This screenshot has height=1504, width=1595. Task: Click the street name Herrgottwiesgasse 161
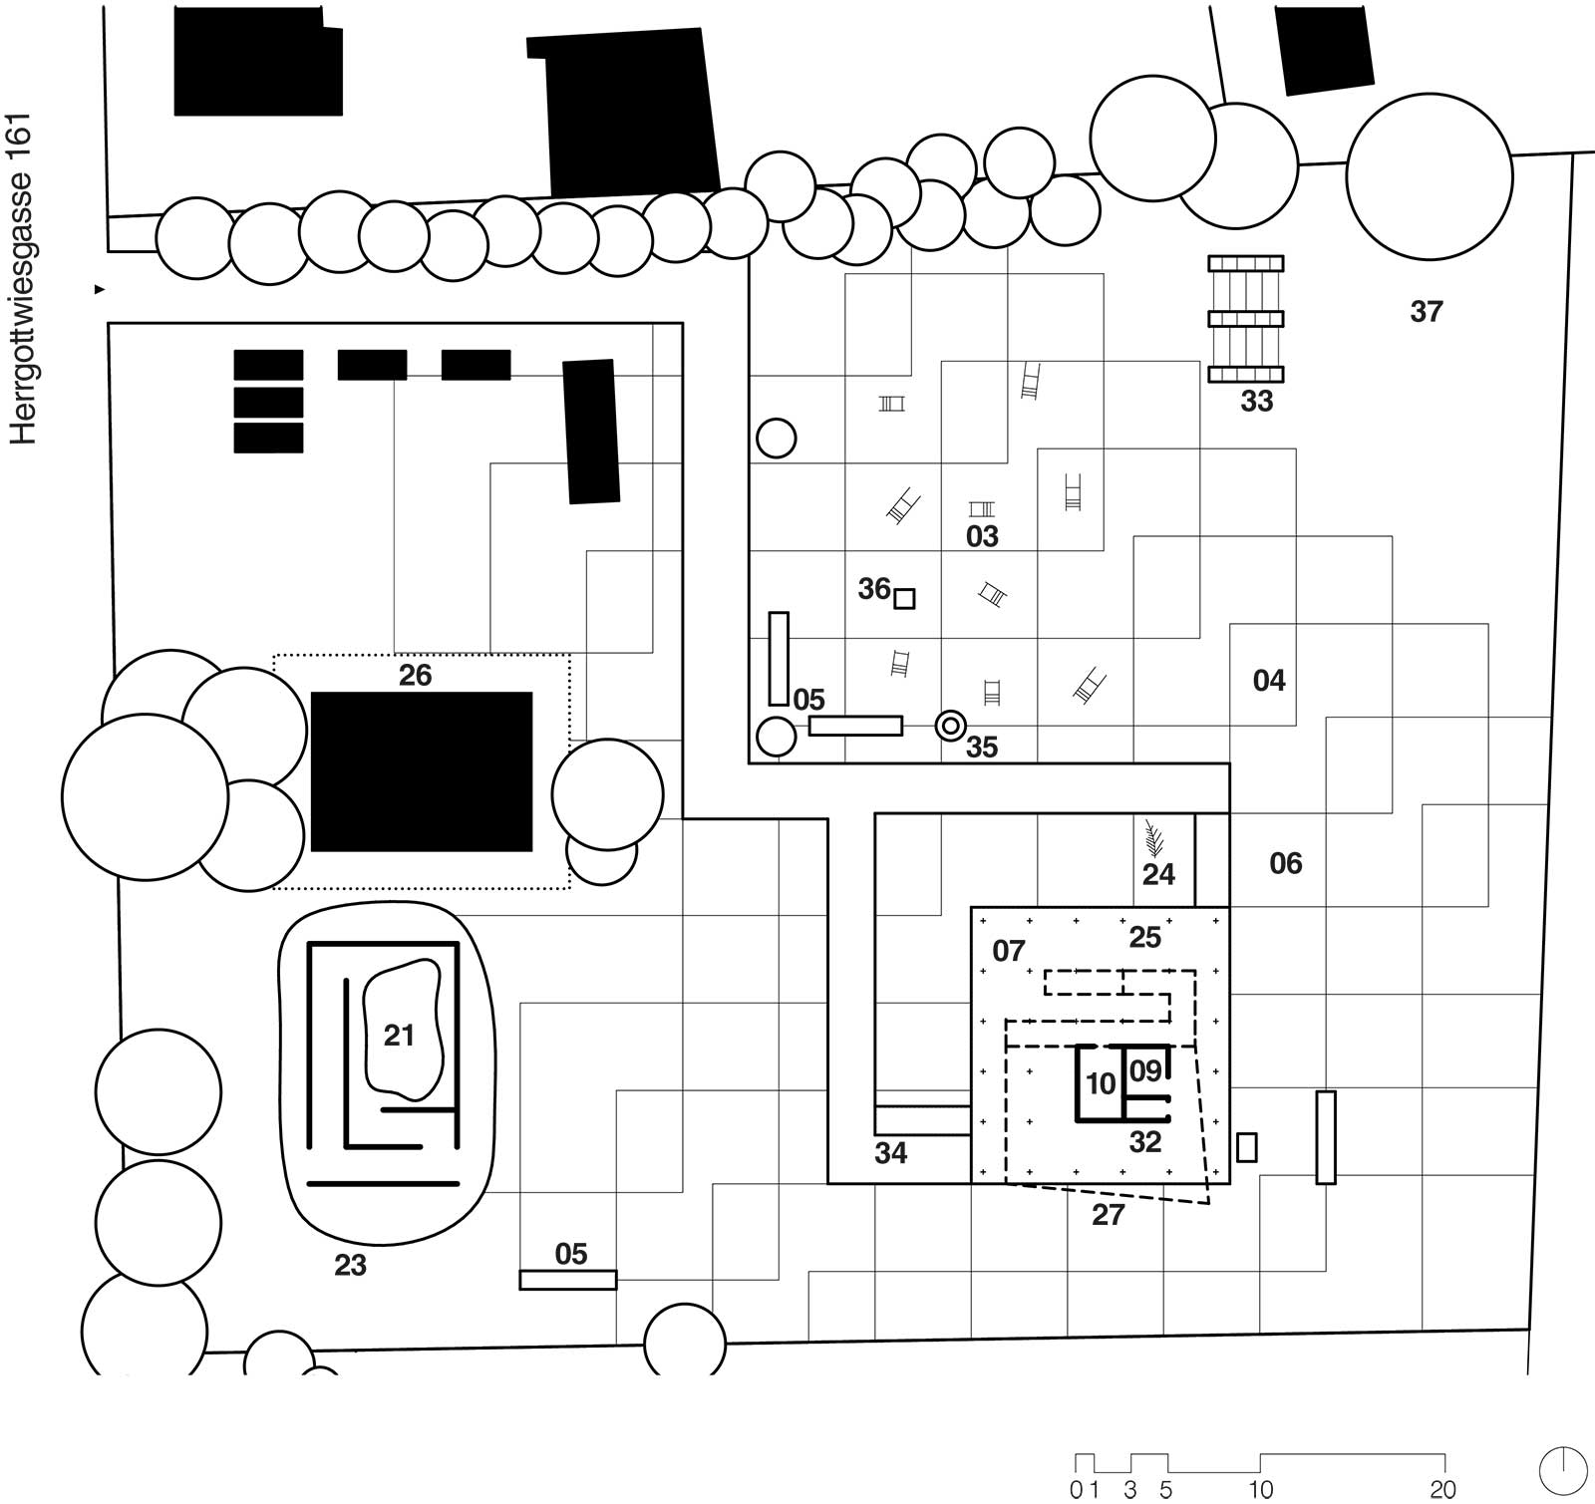pyautogui.click(x=22, y=279)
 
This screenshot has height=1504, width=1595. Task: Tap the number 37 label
pyautogui.click(x=1426, y=312)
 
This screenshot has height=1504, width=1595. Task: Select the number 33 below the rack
pyautogui.click(x=1256, y=401)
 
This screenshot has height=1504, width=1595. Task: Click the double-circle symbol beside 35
pyautogui.click(x=950, y=726)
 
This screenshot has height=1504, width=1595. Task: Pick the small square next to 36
pyautogui.click(x=904, y=598)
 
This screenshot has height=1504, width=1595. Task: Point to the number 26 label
pyautogui.click(x=415, y=675)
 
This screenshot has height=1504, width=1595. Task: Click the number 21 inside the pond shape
pyautogui.click(x=399, y=1036)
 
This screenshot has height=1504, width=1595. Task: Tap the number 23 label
pyautogui.click(x=350, y=1265)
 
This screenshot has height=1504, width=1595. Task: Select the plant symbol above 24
pyautogui.click(x=1154, y=838)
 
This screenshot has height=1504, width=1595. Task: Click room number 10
pyautogui.click(x=1101, y=1083)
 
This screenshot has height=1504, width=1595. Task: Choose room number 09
pyautogui.click(x=1145, y=1070)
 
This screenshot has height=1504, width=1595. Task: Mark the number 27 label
pyautogui.click(x=1108, y=1214)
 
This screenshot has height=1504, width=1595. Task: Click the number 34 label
pyautogui.click(x=890, y=1153)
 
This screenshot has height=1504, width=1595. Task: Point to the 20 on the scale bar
pyautogui.click(x=1442, y=1490)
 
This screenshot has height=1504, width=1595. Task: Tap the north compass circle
pyautogui.click(x=1563, y=1470)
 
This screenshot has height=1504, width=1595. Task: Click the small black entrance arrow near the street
pyautogui.click(x=99, y=289)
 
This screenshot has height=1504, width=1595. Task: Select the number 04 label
pyautogui.click(x=1269, y=681)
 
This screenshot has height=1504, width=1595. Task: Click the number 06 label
pyautogui.click(x=1285, y=863)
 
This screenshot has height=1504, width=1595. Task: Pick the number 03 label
pyautogui.click(x=982, y=536)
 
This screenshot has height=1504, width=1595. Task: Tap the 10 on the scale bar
pyautogui.click(x=1260, y=1490)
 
